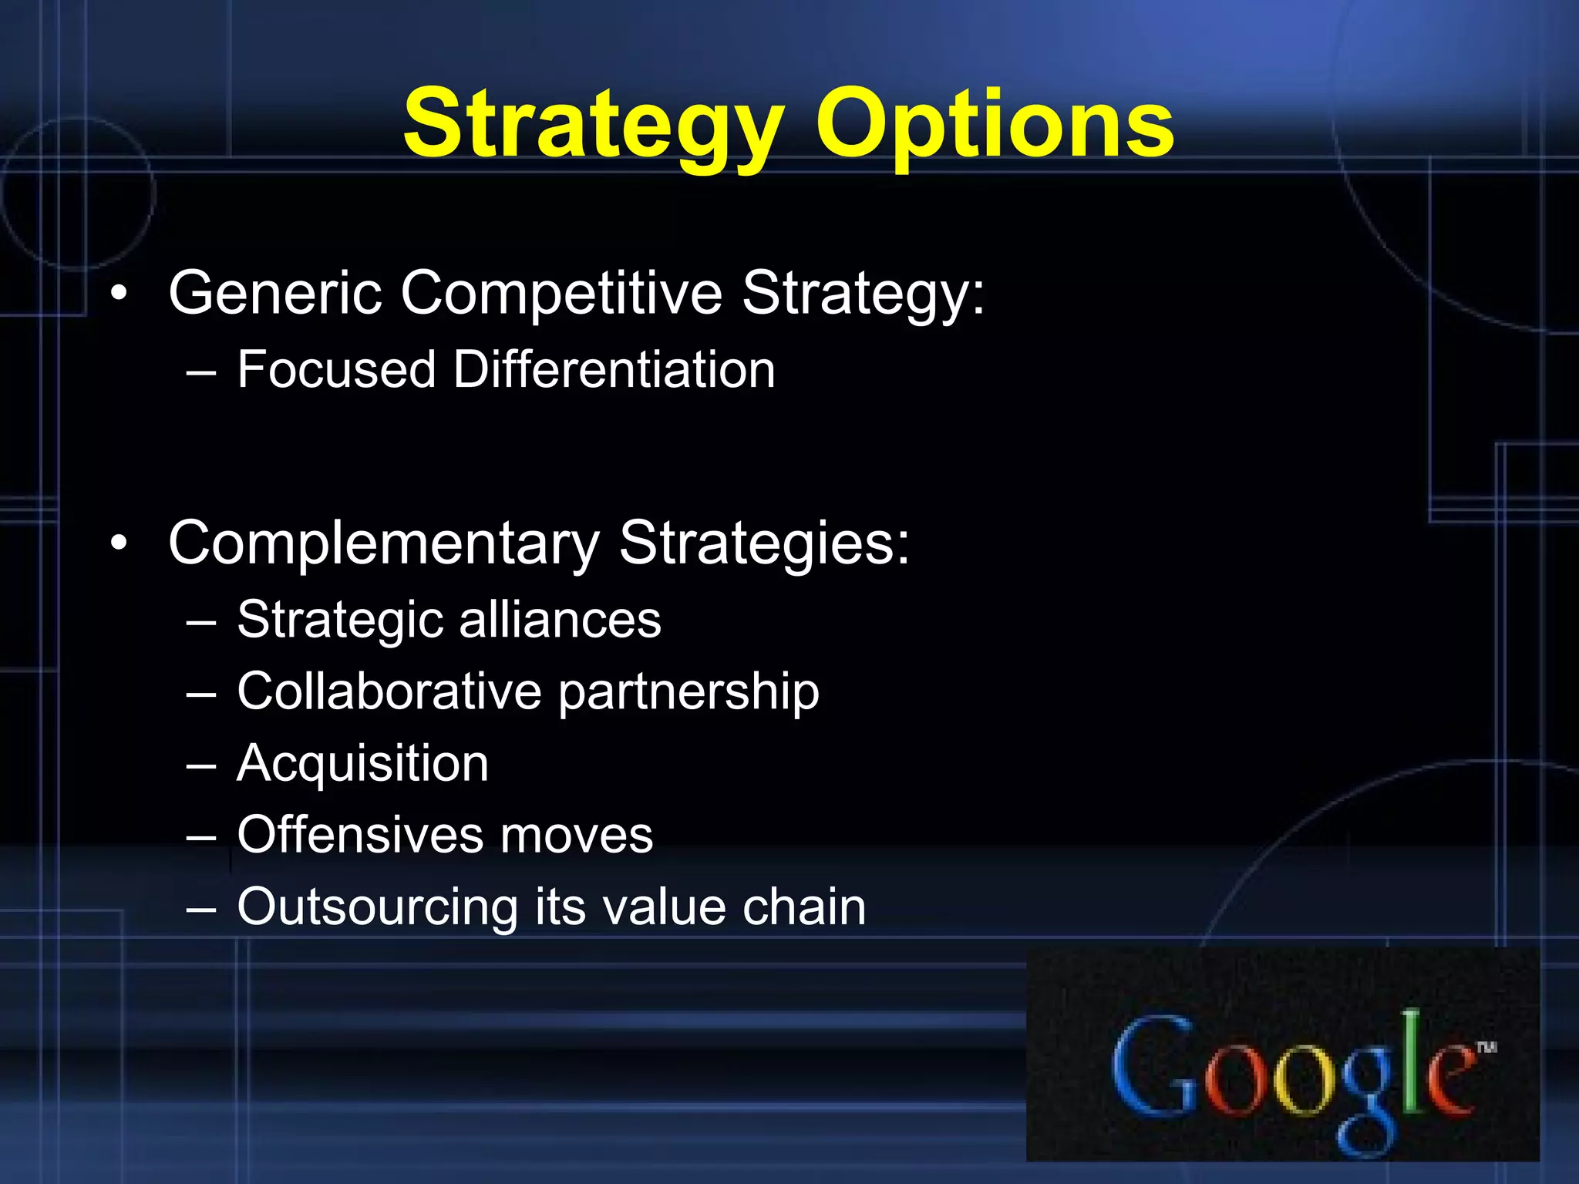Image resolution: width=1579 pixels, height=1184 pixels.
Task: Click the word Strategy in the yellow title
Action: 592,123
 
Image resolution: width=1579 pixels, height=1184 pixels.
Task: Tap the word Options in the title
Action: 995,123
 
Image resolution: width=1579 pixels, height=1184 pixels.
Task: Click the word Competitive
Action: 561,293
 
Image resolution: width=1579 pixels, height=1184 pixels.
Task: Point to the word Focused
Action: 336,369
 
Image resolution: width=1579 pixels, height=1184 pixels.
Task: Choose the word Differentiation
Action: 614,369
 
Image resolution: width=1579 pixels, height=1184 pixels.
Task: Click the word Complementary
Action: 383,543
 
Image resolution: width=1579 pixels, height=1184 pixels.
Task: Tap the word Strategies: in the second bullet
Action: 764,543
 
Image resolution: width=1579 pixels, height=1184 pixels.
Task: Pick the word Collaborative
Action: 389,691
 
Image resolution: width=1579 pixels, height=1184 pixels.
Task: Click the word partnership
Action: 688,692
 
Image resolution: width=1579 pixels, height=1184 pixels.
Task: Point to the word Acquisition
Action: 362,764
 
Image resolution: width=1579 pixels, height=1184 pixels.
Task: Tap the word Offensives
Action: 360,835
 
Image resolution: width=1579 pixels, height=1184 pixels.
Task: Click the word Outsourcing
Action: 377,907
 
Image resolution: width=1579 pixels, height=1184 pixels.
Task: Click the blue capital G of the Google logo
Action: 1151,1067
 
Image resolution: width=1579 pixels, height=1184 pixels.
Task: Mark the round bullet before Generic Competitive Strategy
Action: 118,294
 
